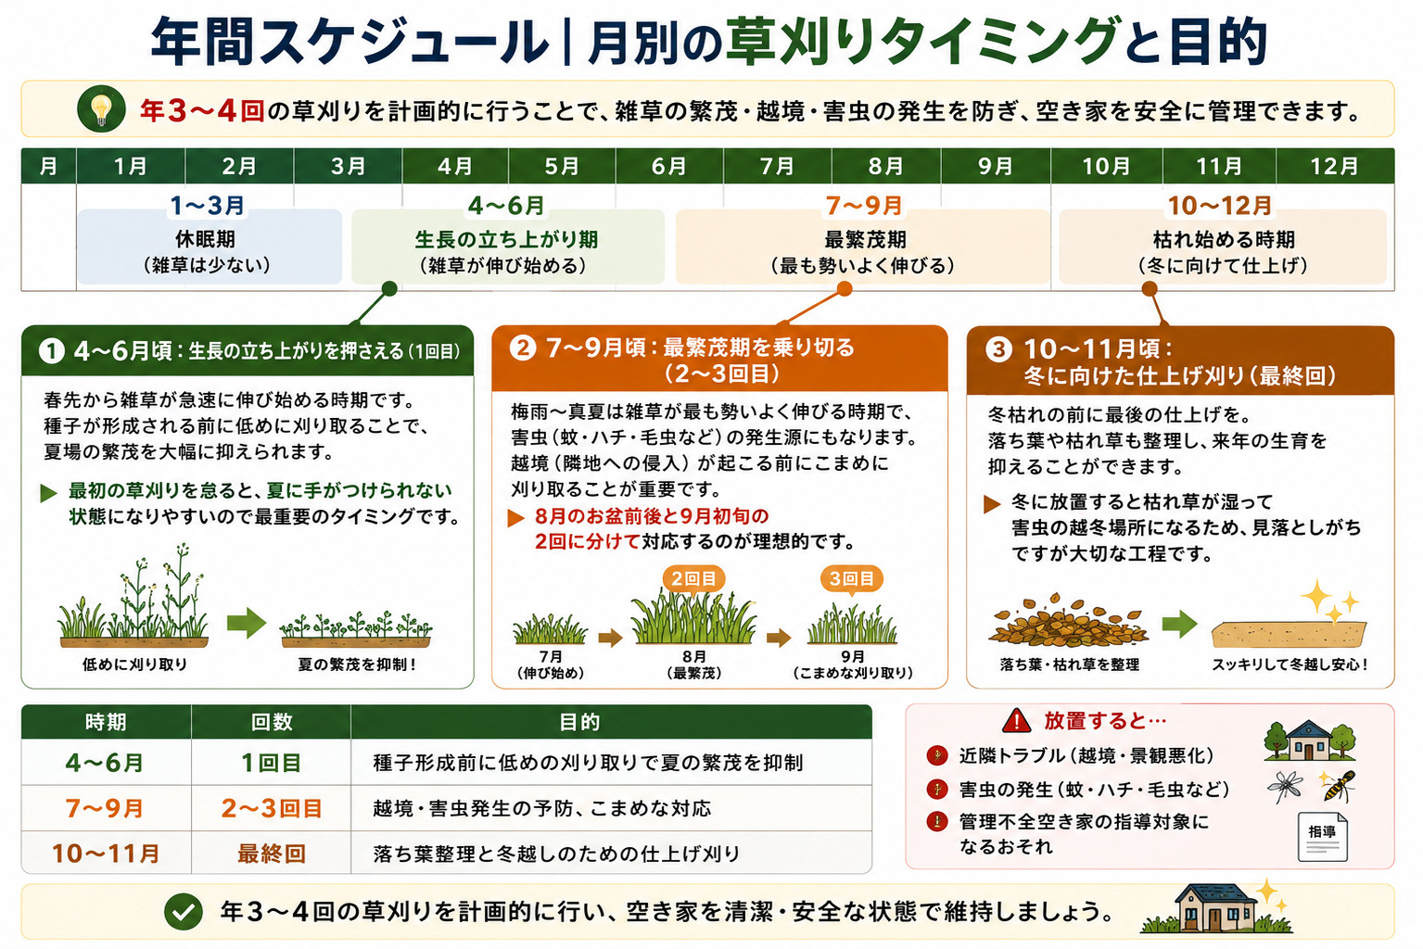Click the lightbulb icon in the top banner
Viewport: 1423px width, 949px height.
(101, 109)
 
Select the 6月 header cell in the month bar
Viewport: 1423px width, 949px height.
(669, 167)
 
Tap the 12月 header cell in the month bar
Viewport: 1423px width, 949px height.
(1335, 167)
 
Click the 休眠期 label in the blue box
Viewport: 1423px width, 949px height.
(206, 239)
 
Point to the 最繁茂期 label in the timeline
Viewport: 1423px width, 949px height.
(865, 239)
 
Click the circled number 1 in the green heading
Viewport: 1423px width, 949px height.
(52, 351)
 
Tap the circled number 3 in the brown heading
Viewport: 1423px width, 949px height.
(998, 348)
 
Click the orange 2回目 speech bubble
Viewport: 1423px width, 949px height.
(693, 579)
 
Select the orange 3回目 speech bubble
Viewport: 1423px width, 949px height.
(851, 579)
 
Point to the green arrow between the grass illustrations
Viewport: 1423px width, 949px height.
(247, 623)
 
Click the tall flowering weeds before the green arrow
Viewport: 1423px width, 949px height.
(134, 595)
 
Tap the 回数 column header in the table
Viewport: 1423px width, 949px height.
(272, 722)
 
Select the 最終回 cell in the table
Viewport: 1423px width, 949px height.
(272, 854)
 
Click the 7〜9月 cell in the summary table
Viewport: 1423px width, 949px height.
(105, 808)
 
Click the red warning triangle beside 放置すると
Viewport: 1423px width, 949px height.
(1016, 720)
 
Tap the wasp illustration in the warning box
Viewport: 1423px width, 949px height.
(1337, 786)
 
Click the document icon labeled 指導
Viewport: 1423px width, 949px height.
(1322, 837)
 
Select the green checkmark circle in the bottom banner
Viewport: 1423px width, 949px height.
(184, 912)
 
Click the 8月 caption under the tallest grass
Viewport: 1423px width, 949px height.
(693, 656)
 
